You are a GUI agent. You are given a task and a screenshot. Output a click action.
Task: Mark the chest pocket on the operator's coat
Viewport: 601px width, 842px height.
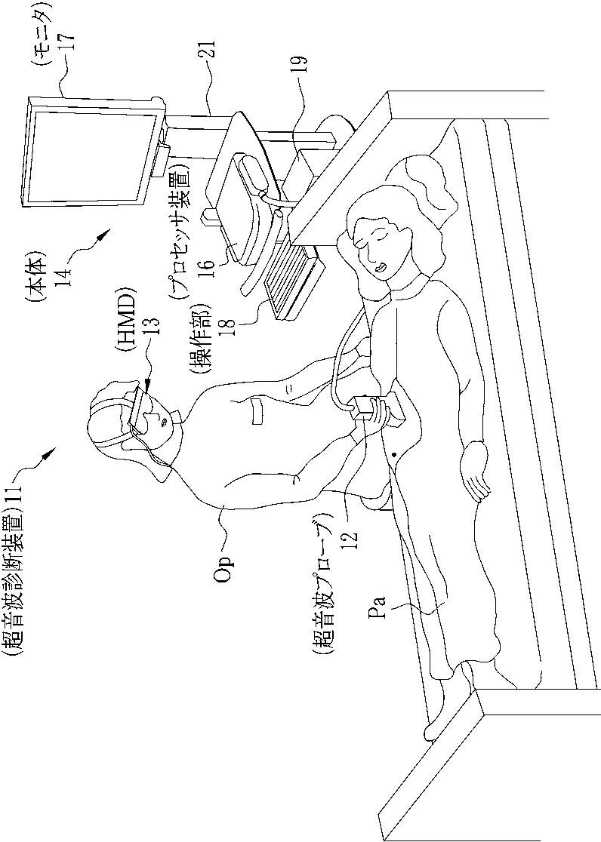(257, 412)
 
